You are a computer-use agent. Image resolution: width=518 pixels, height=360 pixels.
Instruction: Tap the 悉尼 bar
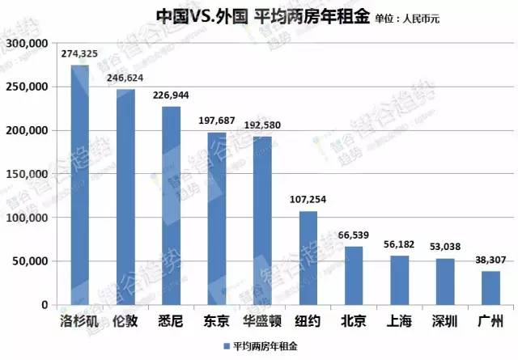click(171, 206)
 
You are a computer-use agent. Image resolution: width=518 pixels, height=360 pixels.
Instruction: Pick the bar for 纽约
click(308, 259)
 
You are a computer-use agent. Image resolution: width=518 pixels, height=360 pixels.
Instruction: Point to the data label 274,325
click(79, 53)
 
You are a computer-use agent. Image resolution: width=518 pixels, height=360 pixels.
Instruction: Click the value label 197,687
click(216, 121)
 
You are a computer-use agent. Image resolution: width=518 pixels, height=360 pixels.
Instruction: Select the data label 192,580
click(262, 125)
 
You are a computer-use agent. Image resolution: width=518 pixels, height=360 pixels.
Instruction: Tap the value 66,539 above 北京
click(354, 235)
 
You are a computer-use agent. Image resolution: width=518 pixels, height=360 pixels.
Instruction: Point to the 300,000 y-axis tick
click(28, 43)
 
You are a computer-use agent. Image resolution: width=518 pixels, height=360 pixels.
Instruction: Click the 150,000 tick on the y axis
click(28, 174)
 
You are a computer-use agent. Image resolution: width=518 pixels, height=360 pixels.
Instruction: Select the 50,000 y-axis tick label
click(31, 261)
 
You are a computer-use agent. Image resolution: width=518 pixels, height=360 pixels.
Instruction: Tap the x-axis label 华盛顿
click(262, 321)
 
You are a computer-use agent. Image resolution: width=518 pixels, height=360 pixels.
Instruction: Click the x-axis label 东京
click(216, 321)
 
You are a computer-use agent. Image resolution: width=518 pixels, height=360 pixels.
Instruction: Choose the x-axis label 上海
click(399, 321)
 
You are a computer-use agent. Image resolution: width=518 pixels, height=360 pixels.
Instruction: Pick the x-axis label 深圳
click(445, 321)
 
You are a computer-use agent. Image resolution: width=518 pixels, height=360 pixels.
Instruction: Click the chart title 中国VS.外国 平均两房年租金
click(250, 16)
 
